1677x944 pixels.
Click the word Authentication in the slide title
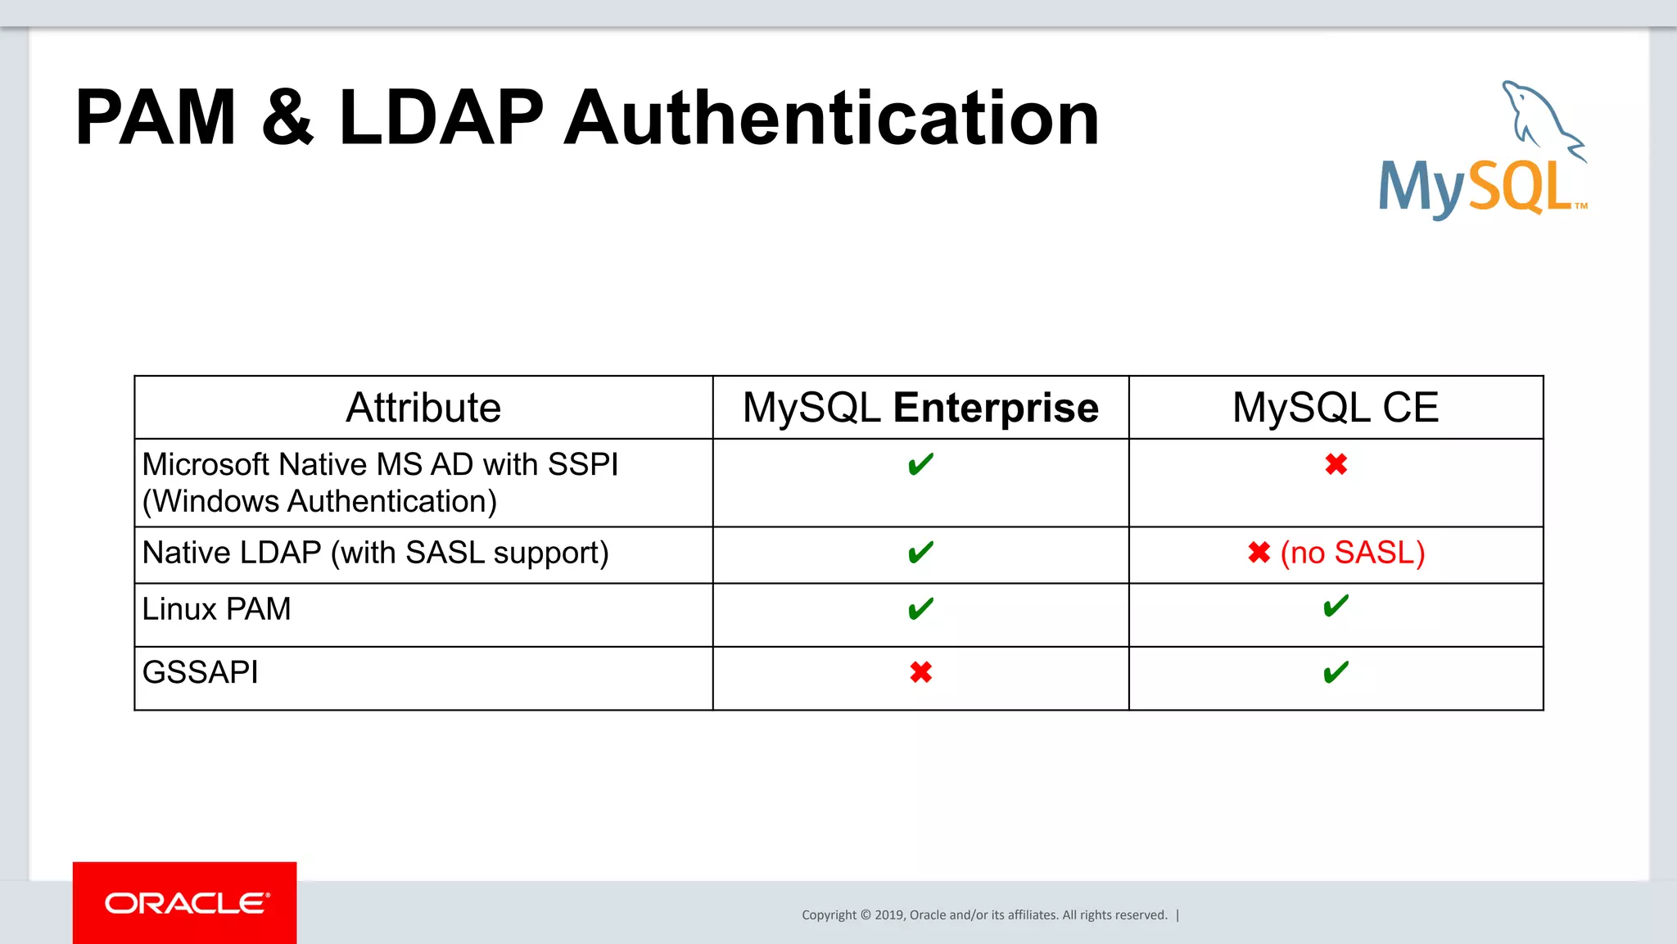point(831,119)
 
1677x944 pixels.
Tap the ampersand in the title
point(287,119)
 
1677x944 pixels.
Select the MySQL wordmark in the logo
point(1476,187)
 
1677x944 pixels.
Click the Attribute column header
point(423,408)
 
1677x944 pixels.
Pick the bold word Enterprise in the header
point(995,408)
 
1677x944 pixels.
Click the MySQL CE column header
point(1336,408)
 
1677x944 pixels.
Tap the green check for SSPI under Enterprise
point(920,465)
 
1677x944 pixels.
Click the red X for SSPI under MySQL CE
point(1336,465)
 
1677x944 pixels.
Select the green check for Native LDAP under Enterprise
point(920,553)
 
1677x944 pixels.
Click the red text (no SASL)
point(1353,553)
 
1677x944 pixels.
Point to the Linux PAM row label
point(216,609)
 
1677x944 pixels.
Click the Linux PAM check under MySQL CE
point(1336,607)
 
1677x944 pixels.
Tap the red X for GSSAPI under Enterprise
point(920,673)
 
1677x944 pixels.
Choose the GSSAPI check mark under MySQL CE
point(1336,673)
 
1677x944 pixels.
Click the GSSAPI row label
point(200,673)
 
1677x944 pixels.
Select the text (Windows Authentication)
point(319,501)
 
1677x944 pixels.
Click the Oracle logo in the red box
point(186,903)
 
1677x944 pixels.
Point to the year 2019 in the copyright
point(888,915)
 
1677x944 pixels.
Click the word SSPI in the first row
point(582,464)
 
